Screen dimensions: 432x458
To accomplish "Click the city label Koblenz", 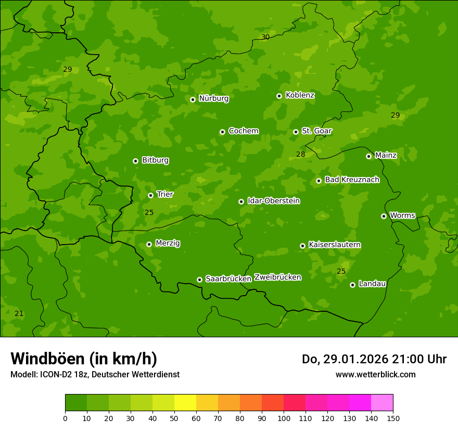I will click(300, 95).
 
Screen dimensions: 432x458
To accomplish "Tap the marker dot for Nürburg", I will click(193, 99).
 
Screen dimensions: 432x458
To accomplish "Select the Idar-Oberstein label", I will click(273, 201).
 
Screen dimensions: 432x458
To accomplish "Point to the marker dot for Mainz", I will click(368, 156).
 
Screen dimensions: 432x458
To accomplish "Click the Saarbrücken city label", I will click(228, 279).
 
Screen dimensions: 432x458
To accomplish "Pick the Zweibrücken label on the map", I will click(277, 277).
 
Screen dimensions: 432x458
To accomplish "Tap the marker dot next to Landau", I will click(352, 285).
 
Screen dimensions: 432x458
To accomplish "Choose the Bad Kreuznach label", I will click(352, 180).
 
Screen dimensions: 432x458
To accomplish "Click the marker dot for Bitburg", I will click(135, 161).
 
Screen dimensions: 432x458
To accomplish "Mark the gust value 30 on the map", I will click(265, 37).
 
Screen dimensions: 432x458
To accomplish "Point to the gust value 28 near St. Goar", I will click(301, 154).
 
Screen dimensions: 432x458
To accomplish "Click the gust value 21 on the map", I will click(19, 313).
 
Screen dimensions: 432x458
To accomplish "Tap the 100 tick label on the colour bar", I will click(284, 418).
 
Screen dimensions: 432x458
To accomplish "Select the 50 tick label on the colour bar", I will click(174, 418).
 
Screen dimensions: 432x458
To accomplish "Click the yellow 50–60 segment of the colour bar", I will click(185, 403).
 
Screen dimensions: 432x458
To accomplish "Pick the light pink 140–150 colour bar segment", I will click(382, 403).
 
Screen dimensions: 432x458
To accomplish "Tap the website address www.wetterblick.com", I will click(375, 374).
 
